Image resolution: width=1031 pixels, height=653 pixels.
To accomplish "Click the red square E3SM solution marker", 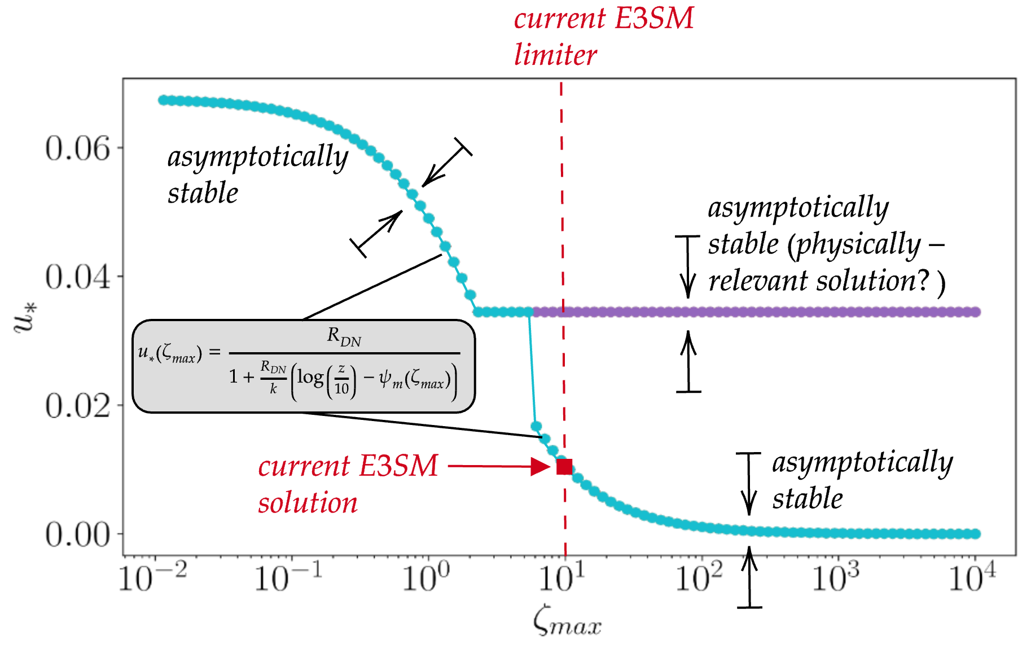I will pos(564,467).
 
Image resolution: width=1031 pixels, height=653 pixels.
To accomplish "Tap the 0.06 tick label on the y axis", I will pos(77,149).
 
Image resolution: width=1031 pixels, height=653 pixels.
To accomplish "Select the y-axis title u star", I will pos(26,318).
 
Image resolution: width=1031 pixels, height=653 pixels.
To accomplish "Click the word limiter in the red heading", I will pos(555,55).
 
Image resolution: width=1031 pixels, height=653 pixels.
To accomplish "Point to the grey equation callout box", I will pos(304,367).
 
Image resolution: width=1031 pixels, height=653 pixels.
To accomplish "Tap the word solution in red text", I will pos(308,502).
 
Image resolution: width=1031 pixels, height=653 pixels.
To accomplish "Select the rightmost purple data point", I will pos(975,312).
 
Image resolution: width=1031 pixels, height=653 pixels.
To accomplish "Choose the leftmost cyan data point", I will pos(163,100).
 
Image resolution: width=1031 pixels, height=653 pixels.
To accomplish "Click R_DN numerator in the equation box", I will pos(344,337).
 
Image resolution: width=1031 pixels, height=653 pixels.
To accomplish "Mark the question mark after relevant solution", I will pos(923,281).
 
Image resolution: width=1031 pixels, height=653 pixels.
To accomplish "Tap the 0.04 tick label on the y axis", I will pos(77,278).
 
